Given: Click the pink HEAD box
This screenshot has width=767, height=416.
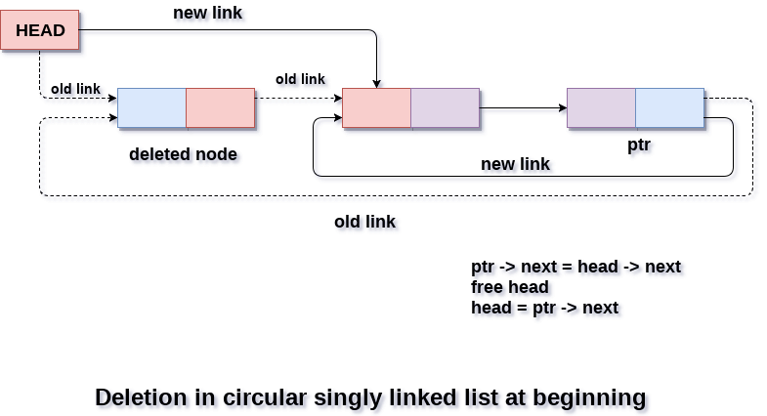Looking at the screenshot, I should click(x=40, y=30).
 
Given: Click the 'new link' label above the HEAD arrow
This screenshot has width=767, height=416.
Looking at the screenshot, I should click(x=207, y=13).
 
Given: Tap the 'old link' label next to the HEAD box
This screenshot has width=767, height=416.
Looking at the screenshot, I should click(x=75, y=89).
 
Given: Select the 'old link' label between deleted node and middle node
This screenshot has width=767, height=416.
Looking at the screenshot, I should click(x=300, y=79).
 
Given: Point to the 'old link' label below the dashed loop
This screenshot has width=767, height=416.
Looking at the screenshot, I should click(x=364, y=222).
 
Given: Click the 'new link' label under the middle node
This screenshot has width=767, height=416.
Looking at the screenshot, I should click(x=515, y=164).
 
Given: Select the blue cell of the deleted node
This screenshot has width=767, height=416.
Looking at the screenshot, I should click(x=151, y=108).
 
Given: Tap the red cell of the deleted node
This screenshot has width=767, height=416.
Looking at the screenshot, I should click(x=220, y=108).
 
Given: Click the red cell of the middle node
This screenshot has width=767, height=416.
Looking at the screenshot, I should click(x=376, y=108).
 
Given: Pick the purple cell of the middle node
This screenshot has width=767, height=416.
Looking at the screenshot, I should click(x=445, y=108).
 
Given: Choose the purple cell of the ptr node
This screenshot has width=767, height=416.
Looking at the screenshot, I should click(x=601, y=108).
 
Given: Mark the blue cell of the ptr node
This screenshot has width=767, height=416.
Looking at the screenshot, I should click(x=669, y=108).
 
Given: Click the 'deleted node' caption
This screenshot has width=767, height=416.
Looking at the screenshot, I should click(x=183, y=154).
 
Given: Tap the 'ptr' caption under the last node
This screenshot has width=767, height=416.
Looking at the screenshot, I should click(x=639, y=145).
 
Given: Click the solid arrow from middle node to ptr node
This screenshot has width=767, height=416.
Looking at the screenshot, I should click(x=523, y=107).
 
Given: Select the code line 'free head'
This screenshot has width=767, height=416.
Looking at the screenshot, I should click(x=509, y=287).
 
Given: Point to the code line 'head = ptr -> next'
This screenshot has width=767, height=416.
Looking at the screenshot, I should click(x=544, y=308).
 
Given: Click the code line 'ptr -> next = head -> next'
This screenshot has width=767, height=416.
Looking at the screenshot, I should click(x=575, y=267).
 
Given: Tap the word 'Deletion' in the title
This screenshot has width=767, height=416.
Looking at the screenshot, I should click(x=140, y=397).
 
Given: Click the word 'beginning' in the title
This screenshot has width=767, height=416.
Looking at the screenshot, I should click(x=593, y=397).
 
